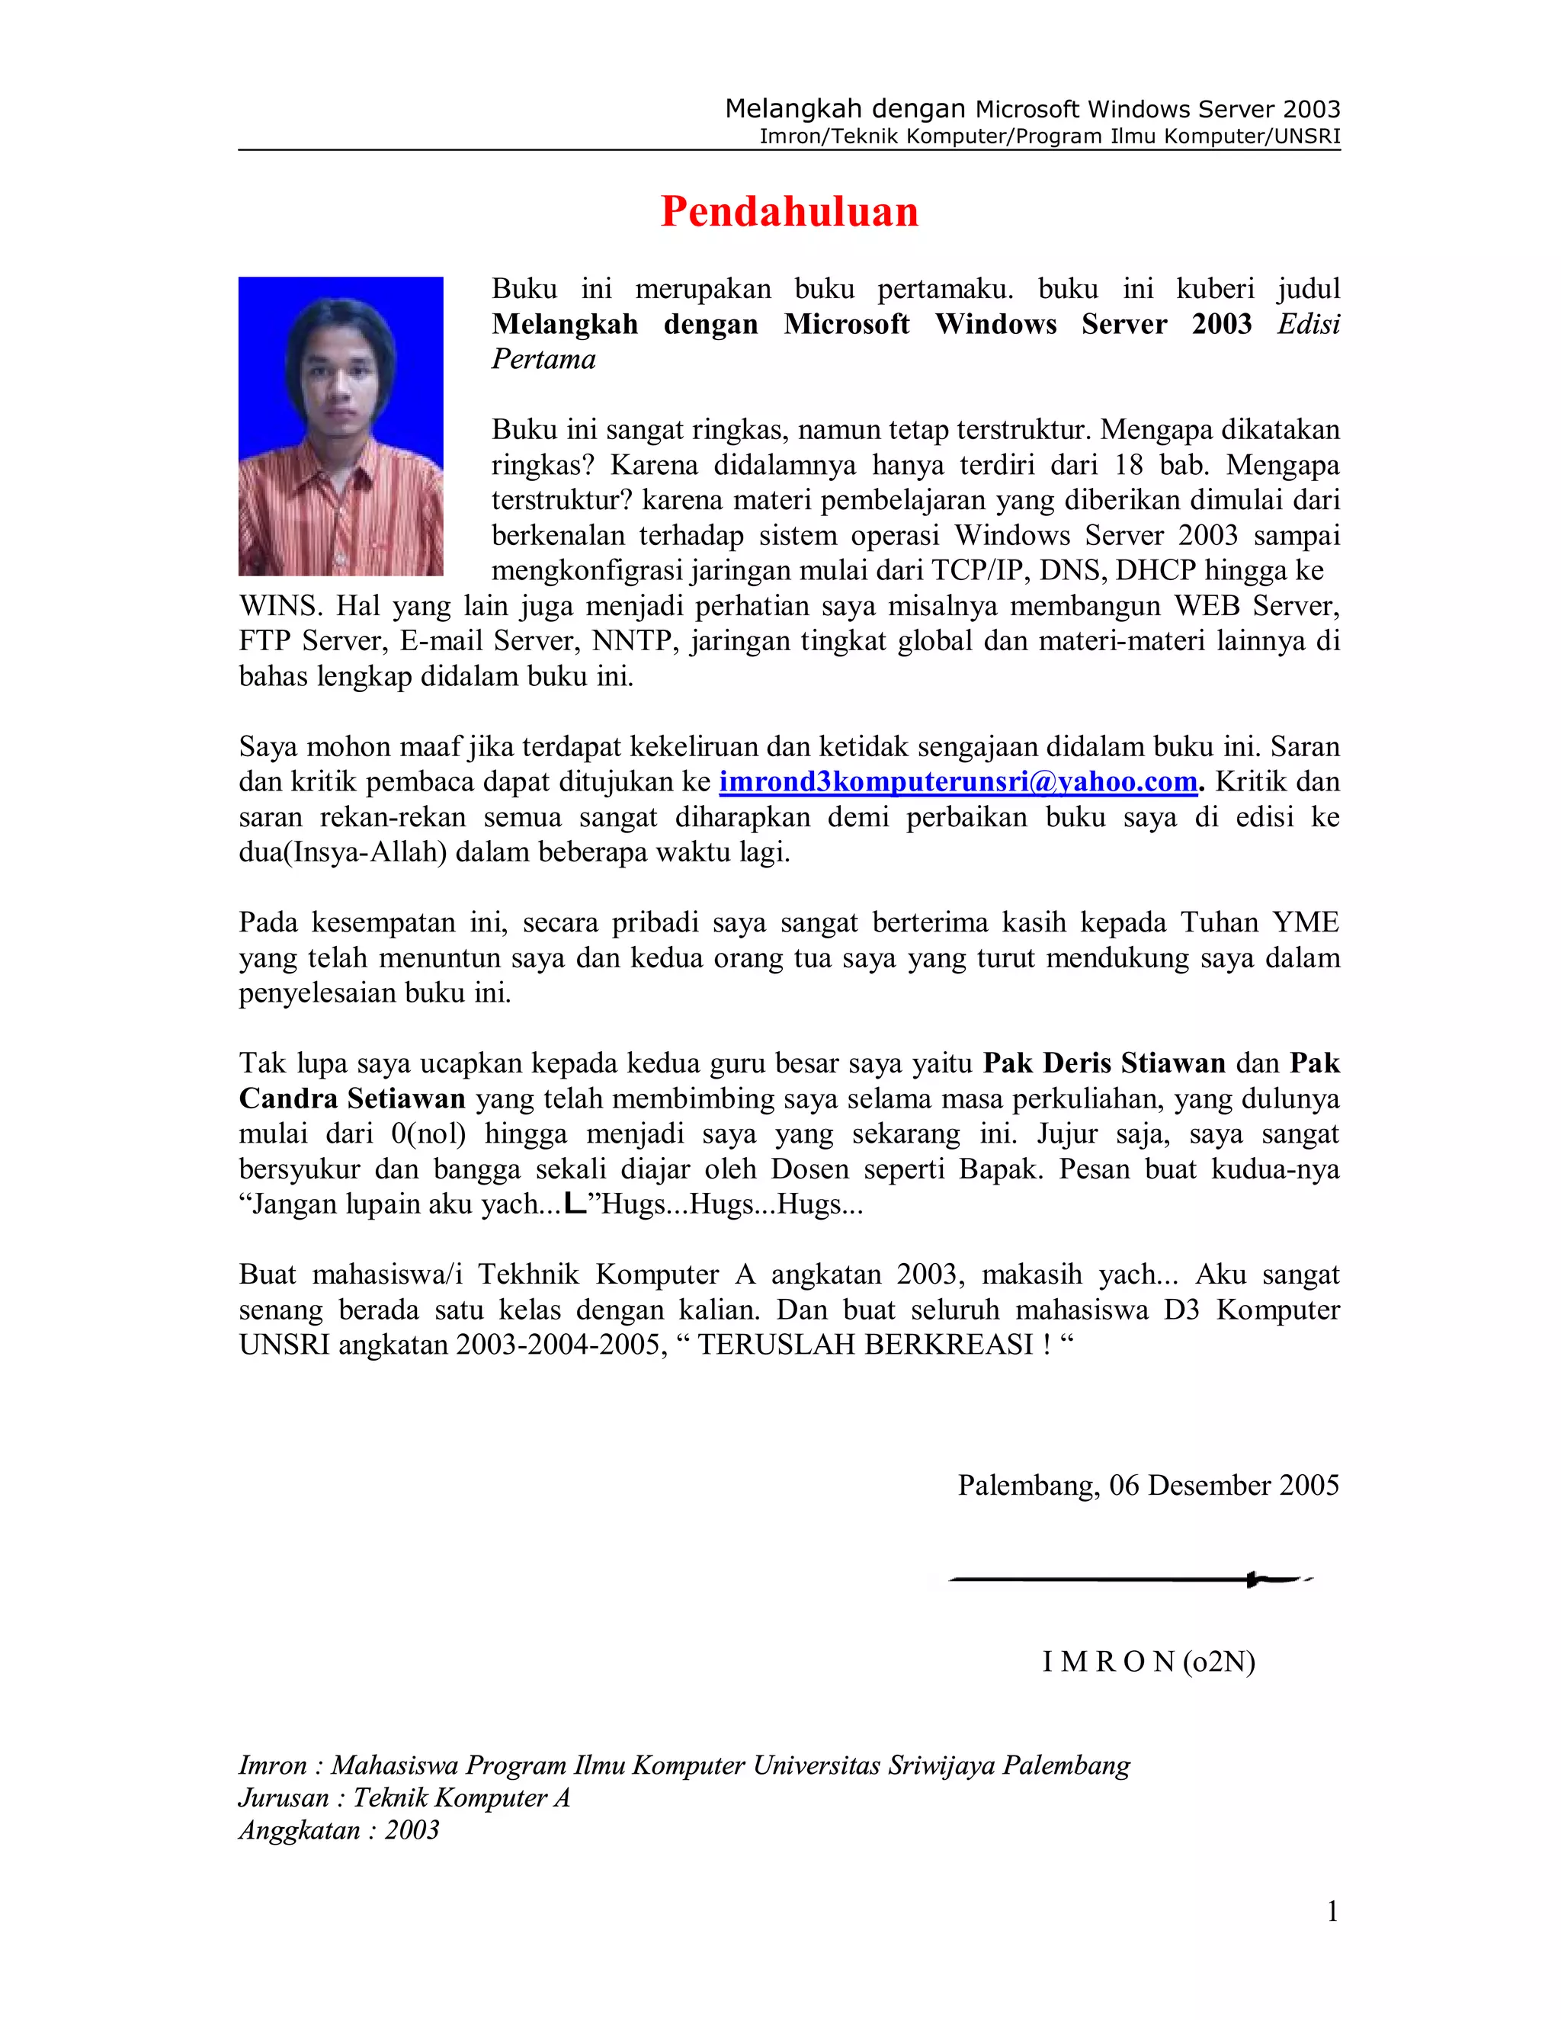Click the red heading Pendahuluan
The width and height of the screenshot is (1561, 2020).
click(789, 212)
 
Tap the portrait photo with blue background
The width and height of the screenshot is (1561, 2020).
click(340, 425)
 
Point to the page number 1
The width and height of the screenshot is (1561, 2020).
click(1332, 1911)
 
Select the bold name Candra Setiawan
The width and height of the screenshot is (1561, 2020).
click(351, 1098)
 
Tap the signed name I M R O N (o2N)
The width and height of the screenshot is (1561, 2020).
click(1148, 1662)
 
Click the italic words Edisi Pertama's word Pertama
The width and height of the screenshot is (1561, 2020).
click(543, 359)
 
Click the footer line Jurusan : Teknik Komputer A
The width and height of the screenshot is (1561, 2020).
click(404, 1798)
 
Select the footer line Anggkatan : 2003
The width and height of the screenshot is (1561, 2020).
click(338, 1830)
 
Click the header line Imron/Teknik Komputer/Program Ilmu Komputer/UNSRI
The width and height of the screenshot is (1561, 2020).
click(1049, 137)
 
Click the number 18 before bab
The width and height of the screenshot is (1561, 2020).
click(1127, 465)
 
